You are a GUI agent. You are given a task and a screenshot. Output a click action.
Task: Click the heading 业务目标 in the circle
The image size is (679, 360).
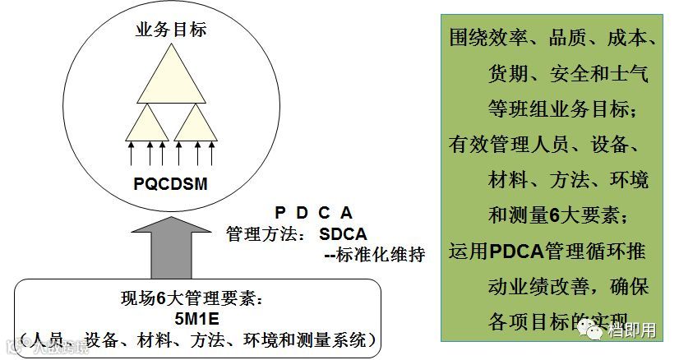click(x=170, y=31)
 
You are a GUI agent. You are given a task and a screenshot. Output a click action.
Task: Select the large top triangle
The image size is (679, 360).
click(x=170, y=78)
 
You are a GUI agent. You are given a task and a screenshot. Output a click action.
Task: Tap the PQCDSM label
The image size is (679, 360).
click(x=171, y=182)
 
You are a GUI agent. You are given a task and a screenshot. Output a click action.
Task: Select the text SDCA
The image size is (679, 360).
click(x=344, y=233)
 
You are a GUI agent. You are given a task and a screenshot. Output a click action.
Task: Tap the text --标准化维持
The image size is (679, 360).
click(x=374, y=254)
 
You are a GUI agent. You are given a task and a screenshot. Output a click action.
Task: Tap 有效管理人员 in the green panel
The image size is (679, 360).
click(x=509, y=144)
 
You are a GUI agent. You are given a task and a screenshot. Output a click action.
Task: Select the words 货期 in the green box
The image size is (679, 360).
click(x=509, y=74)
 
